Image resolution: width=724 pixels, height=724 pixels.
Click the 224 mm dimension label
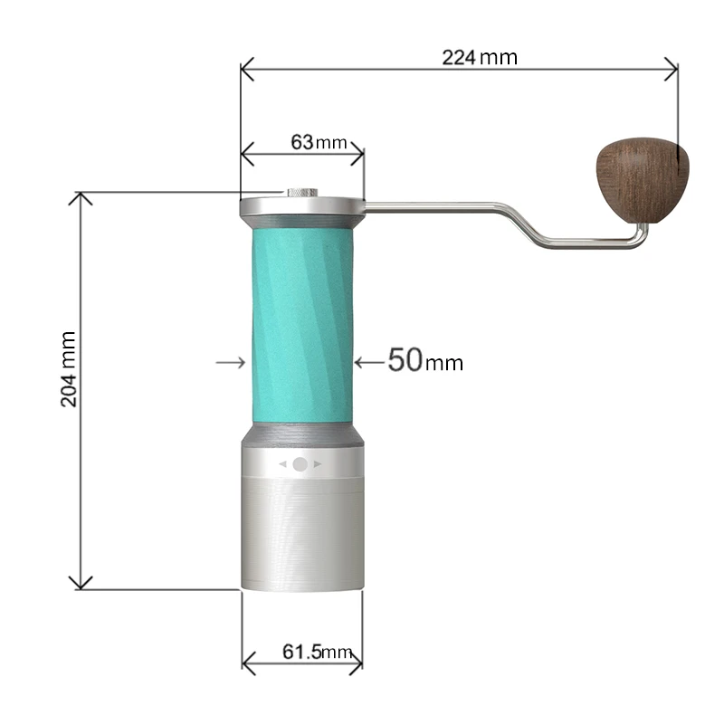click(x=479, y=57)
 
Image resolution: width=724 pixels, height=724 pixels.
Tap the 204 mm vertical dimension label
click(x=69, y=368)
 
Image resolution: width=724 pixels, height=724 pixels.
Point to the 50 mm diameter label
click(x=424, y=361)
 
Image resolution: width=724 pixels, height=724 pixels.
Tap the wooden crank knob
click(x=641, y=178)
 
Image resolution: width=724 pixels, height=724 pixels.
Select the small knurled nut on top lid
click(x=301, y=193)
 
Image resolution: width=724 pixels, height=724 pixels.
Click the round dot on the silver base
click(x=300, y=463)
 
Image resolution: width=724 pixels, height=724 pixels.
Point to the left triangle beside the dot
click(x=282, y=463)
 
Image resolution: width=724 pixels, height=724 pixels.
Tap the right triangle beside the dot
click(x=318, y=463)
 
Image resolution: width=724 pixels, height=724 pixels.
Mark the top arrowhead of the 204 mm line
click(x=81, y=199)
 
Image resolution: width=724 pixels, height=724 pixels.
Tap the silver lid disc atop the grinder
click(x=301, y=206)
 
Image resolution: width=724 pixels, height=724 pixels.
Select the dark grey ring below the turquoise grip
click(x=301, y=434)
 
